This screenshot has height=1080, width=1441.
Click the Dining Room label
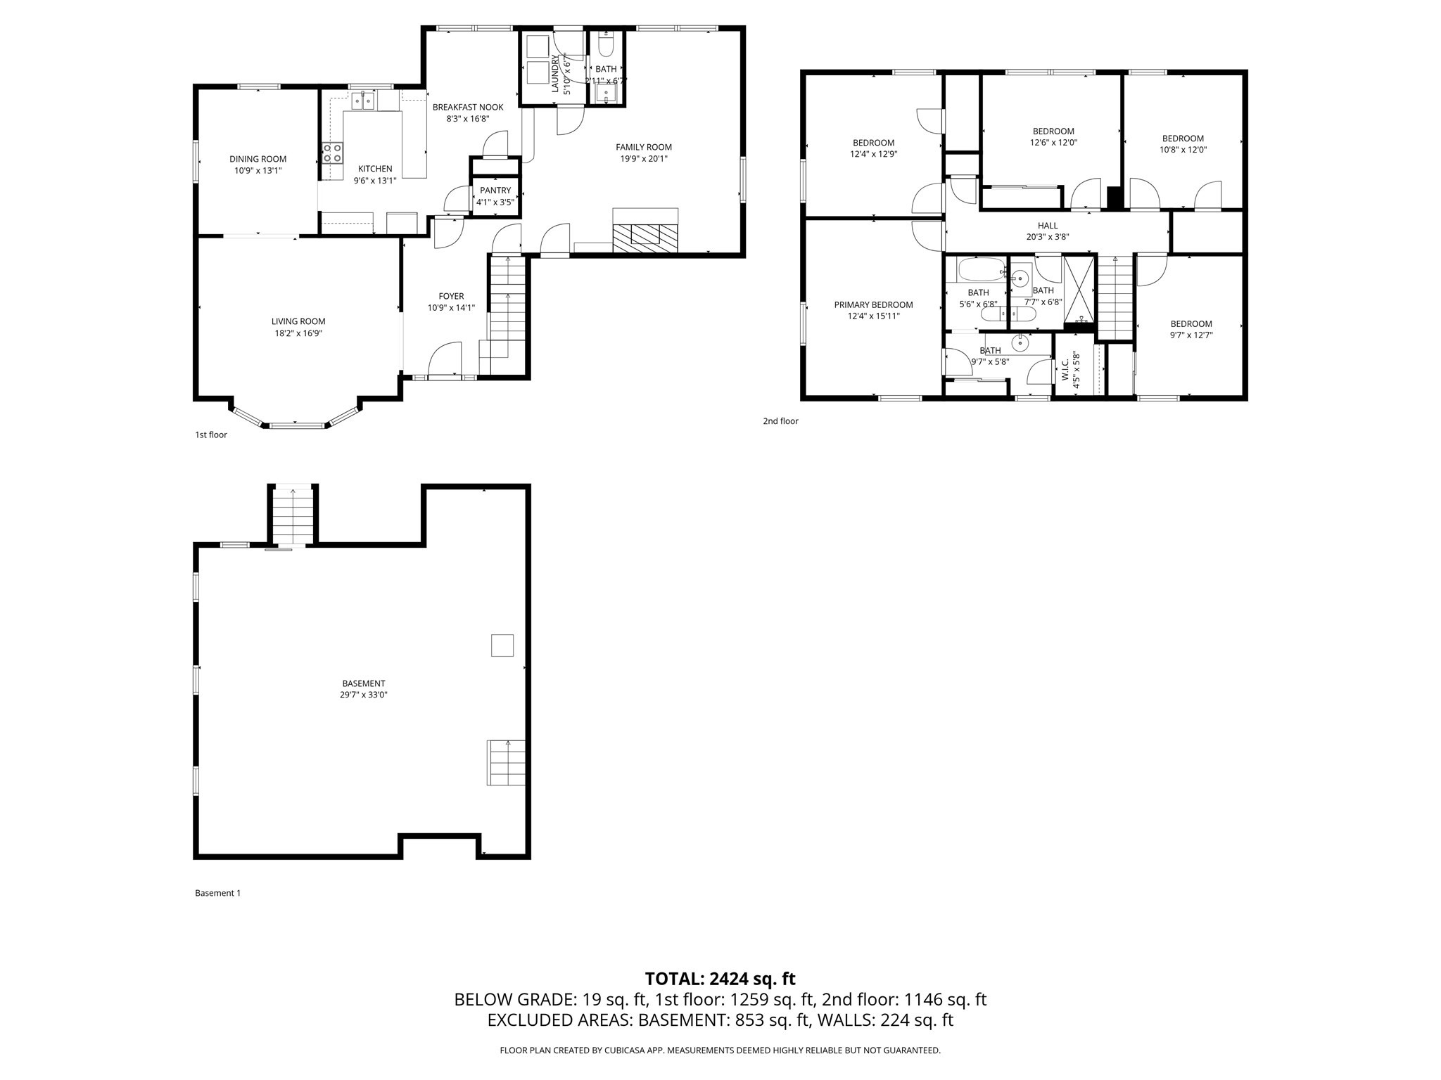[258, 159]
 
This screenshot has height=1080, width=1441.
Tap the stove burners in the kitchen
[333, 153]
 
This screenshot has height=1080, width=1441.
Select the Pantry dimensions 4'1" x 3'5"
[495, 202]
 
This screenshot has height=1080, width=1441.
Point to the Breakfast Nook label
[468, 108]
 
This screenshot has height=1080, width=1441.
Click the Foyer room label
[451, 297]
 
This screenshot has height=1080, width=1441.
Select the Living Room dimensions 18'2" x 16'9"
[298, 333]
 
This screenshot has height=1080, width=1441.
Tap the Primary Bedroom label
[873, 305]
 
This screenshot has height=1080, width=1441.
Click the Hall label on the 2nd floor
[1047, 226]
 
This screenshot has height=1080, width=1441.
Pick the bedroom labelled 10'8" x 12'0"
[1183, 150]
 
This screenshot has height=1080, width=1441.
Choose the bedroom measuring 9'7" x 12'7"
[1191, 335]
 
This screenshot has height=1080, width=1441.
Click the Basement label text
[364, 683]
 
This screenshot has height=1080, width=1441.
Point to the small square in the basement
[502, 645]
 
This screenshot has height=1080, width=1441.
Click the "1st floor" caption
[211, 435]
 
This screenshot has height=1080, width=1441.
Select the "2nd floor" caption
[780, 421]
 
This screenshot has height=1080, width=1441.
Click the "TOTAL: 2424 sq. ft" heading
[720, 979]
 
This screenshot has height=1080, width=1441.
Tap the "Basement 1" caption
[217, 893]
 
